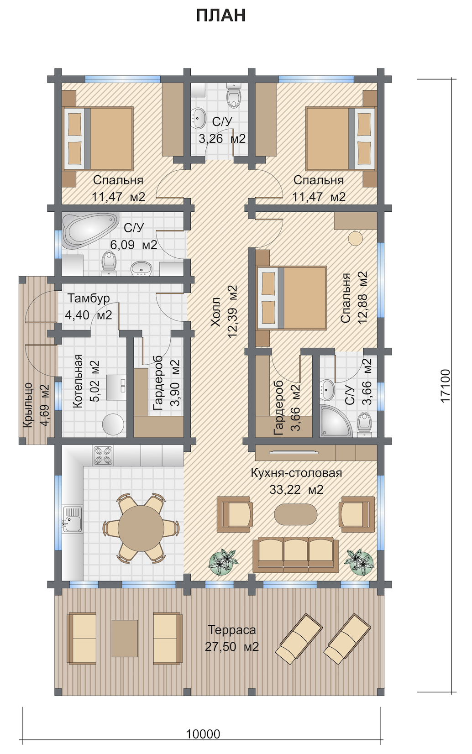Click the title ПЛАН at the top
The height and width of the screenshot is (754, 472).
tap(221, 16)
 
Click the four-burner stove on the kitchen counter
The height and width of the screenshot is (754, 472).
tap(103, 456)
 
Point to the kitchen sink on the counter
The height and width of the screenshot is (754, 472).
tap(71, 518)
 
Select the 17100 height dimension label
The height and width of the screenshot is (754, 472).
tap(445, 385)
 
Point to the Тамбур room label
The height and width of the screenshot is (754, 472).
tap(89, 298)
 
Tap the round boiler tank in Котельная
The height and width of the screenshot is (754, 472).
tap(113, 424)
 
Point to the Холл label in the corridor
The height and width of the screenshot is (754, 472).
tap(215, 312)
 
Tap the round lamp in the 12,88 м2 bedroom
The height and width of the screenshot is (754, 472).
tap(355, 239)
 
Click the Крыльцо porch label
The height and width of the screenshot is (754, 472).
tap(28, 405)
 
